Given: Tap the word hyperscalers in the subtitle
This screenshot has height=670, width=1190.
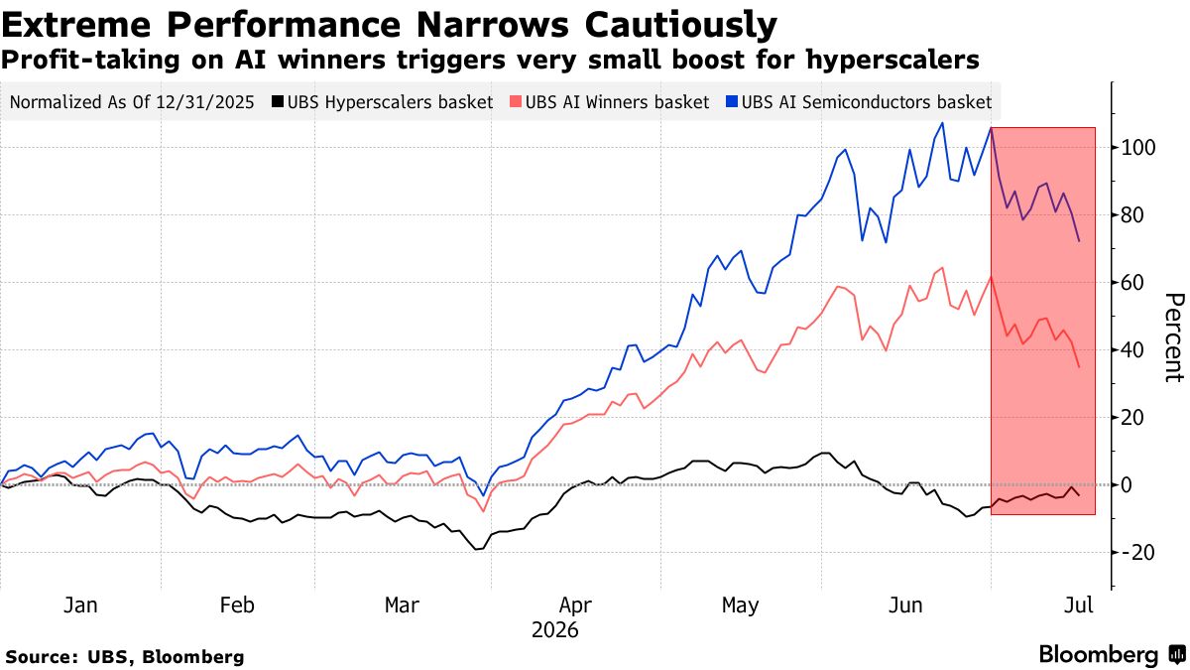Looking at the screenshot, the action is (x=892, y=61).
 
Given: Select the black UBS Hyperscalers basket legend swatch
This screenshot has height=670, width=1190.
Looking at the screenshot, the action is (x=278, y=101).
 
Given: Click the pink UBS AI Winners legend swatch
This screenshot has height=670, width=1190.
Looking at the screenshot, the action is (x=516, y=101).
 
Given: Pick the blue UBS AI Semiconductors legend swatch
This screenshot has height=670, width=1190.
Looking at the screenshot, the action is (x=732, y=101).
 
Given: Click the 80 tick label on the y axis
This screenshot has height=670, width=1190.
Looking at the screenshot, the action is (x=1132, y=215).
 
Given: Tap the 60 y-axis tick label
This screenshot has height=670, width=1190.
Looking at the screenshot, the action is (x=1132, y=283).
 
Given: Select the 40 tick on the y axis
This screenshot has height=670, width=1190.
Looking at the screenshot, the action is (x=1132, y=350).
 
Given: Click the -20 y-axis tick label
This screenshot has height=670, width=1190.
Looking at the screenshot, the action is (x=1136, y=553).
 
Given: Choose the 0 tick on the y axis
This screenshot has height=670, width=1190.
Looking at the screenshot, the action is (x=1127, y=485).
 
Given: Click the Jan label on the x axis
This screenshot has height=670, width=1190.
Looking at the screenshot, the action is (x=80, y=605).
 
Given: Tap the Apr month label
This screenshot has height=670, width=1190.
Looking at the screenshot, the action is (x=575, y=605).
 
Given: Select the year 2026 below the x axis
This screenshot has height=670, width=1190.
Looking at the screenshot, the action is (x=554, y=630).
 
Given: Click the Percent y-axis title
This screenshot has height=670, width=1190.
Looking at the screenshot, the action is (x=1174, y=337).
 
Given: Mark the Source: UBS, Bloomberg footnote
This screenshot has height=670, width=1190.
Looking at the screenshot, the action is (x=125, y=657).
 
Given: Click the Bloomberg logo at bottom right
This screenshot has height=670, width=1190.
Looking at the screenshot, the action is (x=1113, y=654).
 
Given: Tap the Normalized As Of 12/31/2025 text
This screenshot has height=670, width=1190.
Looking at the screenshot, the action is (x=132, y=102).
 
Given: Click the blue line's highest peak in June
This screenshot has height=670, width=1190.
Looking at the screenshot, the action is (x=942, y=123).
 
